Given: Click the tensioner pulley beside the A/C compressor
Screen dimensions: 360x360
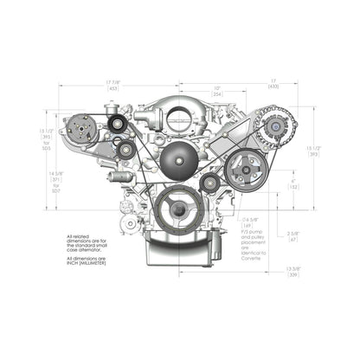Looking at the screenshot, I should click(115, 126).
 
